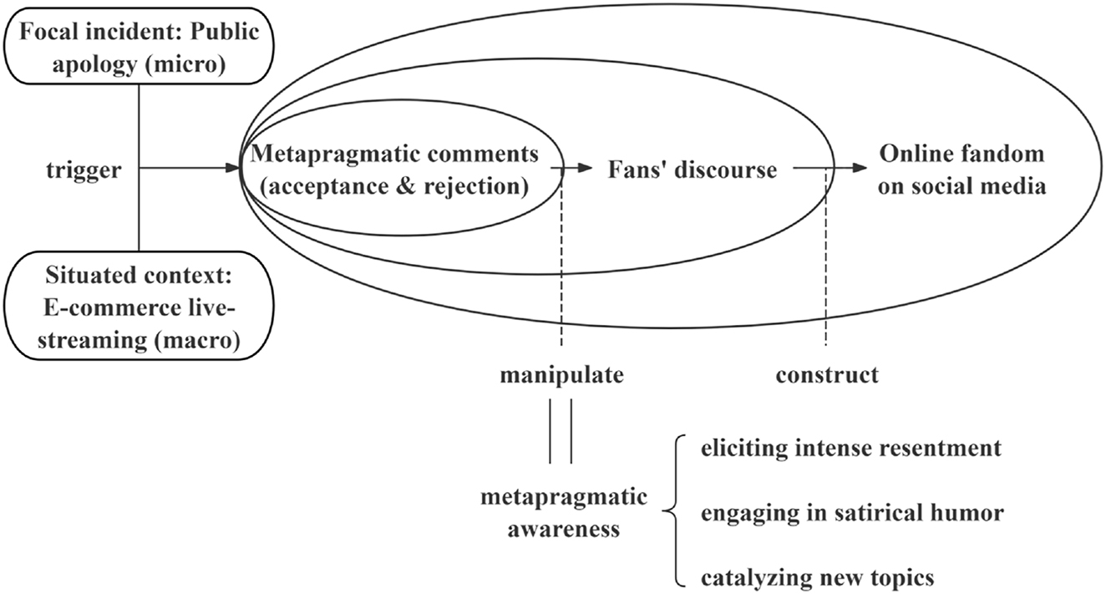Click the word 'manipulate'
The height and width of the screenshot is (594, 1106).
561,375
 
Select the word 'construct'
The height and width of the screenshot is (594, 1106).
827,375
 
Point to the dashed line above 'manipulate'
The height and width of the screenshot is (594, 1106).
561,267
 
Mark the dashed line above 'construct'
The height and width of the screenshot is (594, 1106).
826,267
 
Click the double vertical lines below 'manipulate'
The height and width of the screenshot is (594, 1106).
561,431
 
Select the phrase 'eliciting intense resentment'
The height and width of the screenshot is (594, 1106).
851,449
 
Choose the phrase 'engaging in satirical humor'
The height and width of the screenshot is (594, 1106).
851,512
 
